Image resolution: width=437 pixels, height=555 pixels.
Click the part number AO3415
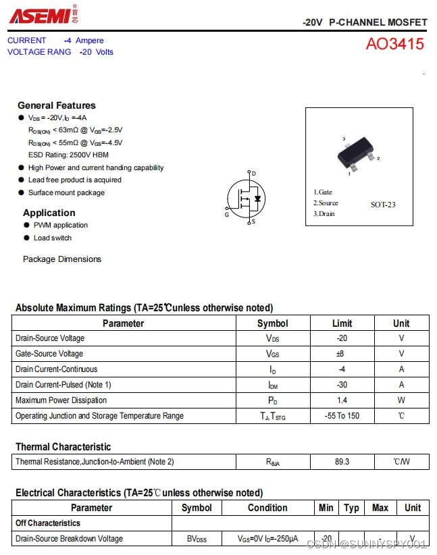pos(395,45)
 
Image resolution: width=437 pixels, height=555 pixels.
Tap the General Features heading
pos(57,105)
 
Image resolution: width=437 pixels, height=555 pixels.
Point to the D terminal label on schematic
pos(253,174)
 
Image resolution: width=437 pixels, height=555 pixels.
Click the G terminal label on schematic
pos(227,215)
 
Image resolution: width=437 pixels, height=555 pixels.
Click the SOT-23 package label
pos(383,205)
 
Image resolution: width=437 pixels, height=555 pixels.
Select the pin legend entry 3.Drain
pos(324,214)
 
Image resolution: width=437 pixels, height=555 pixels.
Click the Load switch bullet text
pos(53,238)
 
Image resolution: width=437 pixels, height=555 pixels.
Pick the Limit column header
pos(342,323)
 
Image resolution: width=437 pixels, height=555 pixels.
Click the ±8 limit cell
pos(342,354)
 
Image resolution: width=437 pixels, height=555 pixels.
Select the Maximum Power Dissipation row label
pos(61,400)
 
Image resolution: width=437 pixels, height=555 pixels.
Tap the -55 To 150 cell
pos(342,416)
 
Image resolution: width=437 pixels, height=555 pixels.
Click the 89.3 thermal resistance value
pos(342,462)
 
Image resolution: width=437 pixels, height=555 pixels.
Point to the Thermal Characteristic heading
pos(63,447)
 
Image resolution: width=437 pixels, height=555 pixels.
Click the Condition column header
pos(267,508)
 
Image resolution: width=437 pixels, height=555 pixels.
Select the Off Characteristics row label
pos(48,523)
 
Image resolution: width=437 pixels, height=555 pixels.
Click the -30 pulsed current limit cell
pos(342,385)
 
